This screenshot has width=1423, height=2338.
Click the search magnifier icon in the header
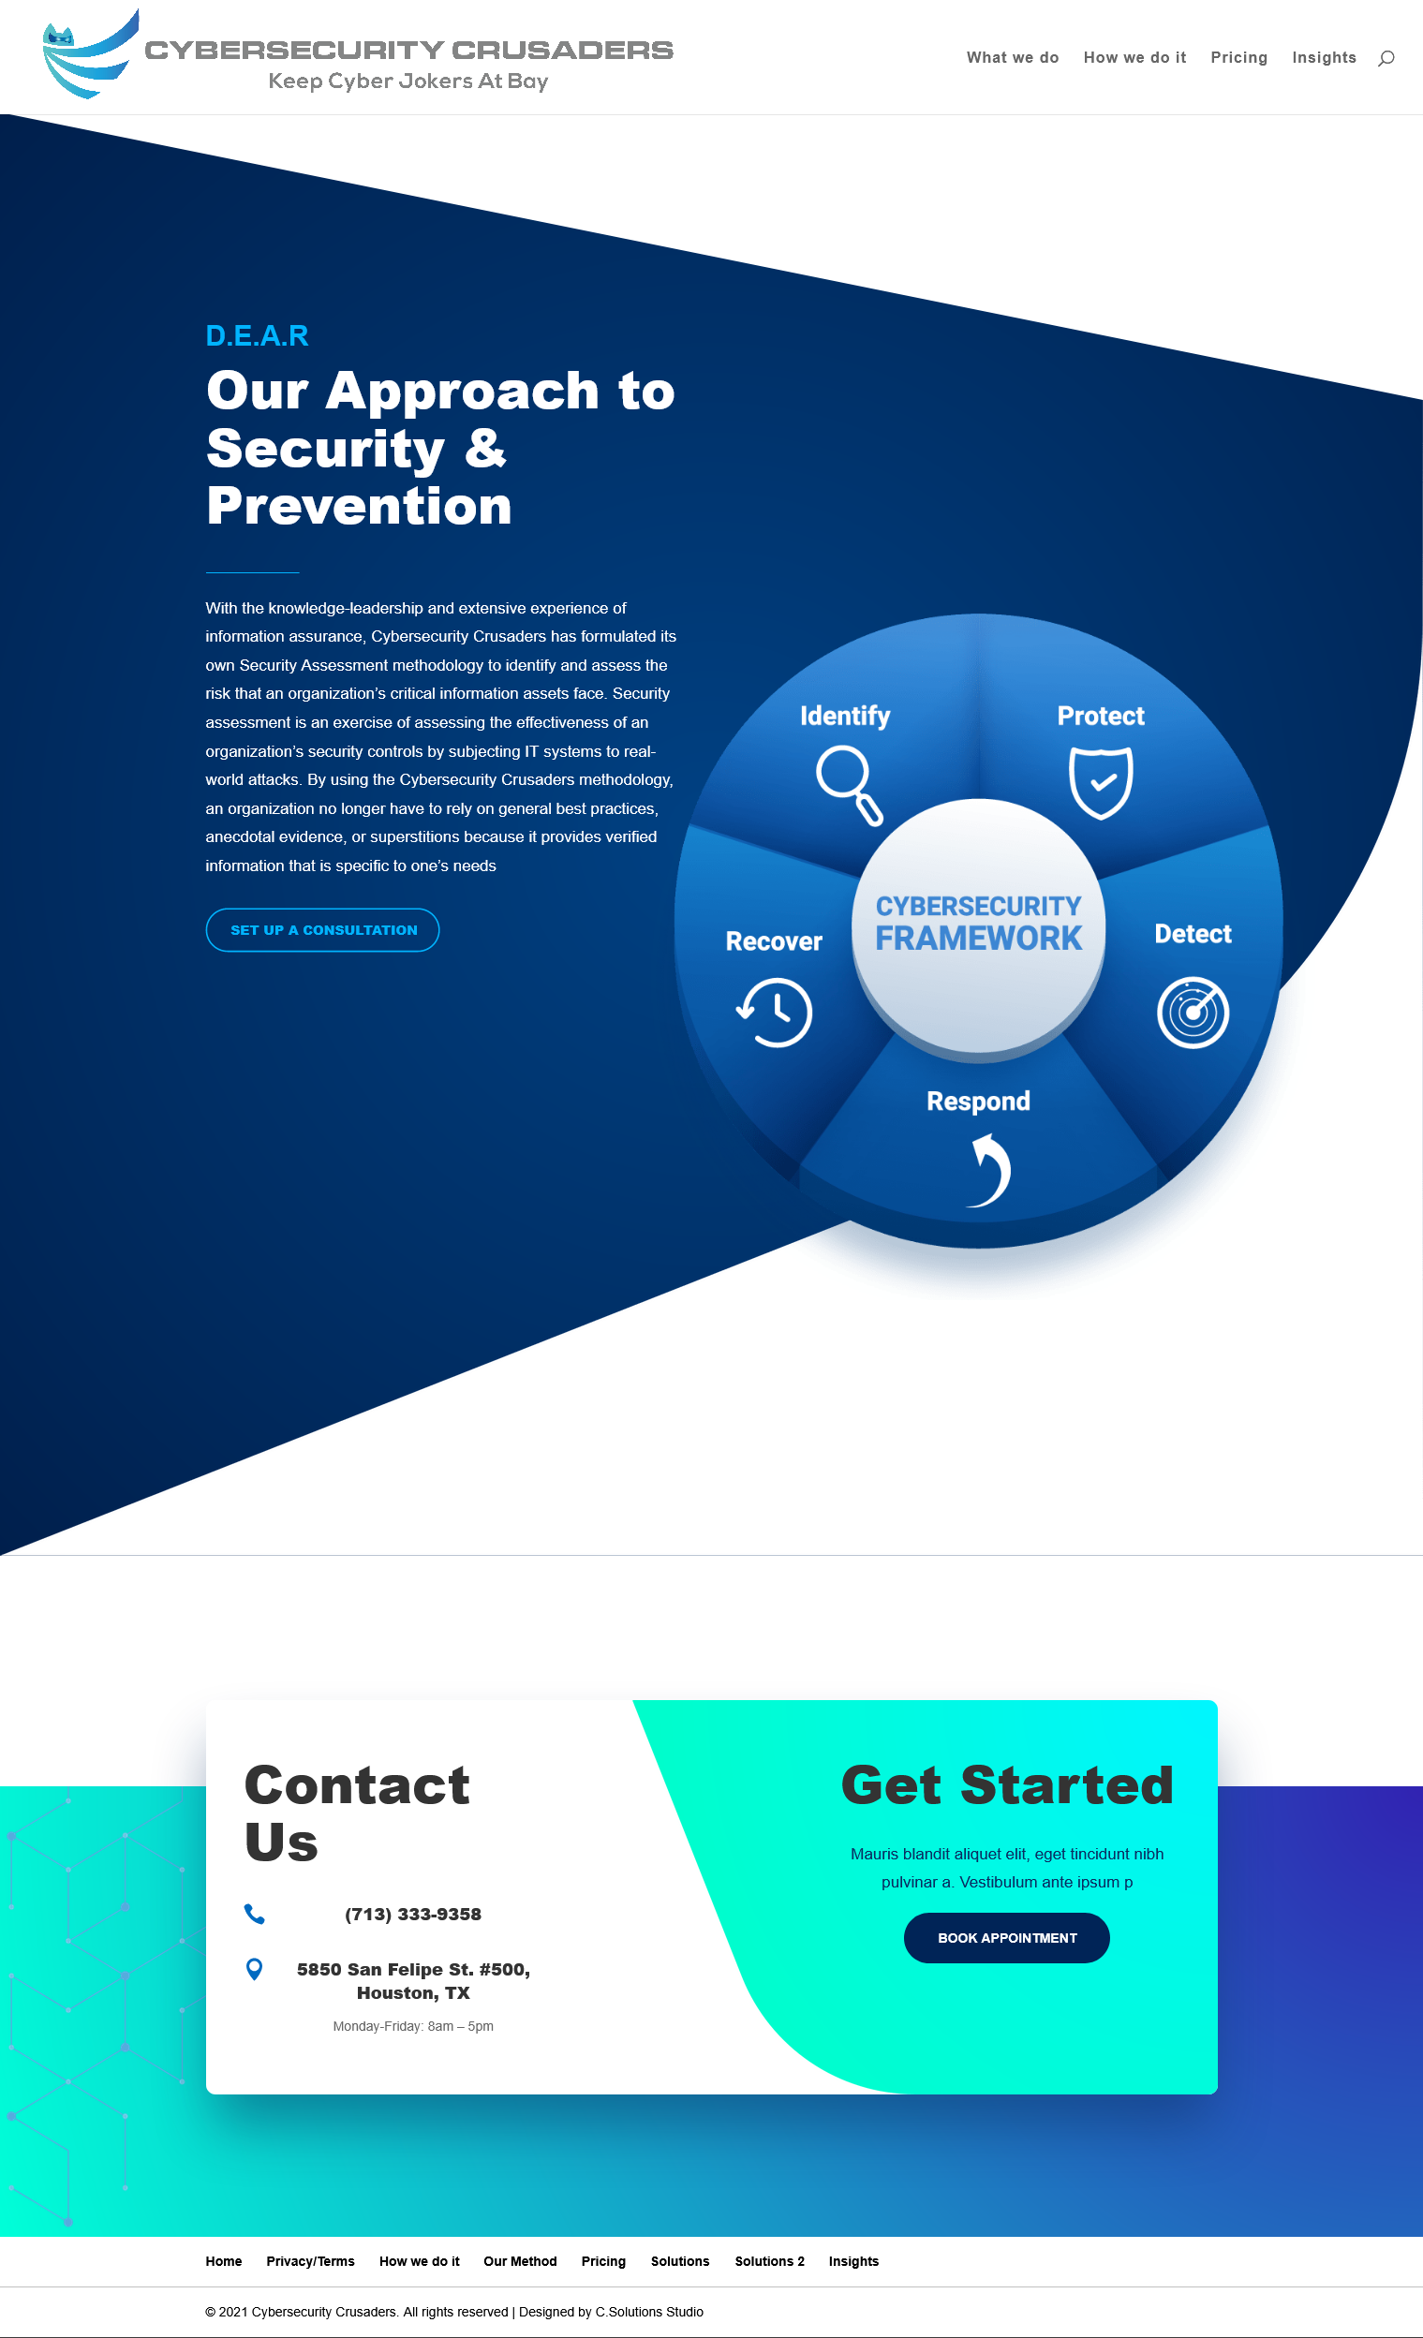(1386, 58)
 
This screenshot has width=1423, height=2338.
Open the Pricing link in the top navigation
(1239, 58)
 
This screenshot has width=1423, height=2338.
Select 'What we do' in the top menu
(1013, 58)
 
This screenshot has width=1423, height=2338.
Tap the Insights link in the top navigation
(1325, 58)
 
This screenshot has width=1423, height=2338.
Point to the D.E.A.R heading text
(257, 336)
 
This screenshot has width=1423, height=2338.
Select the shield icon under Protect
(1101, 783)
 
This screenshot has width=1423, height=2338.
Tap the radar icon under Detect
(1193, 1013)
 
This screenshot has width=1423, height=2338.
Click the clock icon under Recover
(775, 1013)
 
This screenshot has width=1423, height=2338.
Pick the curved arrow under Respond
(990, 1171)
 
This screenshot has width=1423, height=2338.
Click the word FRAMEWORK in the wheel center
(978, 939)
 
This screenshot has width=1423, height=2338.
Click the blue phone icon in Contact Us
(254, 1914)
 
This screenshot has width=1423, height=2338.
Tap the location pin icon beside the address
(254, 1969)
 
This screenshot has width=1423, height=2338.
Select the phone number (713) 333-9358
(413, 1914)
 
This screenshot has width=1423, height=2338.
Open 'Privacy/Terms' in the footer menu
(310, 2261)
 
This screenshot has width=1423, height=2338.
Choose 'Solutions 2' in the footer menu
(769, 2261)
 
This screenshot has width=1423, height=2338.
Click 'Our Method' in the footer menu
(520, 2261)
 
